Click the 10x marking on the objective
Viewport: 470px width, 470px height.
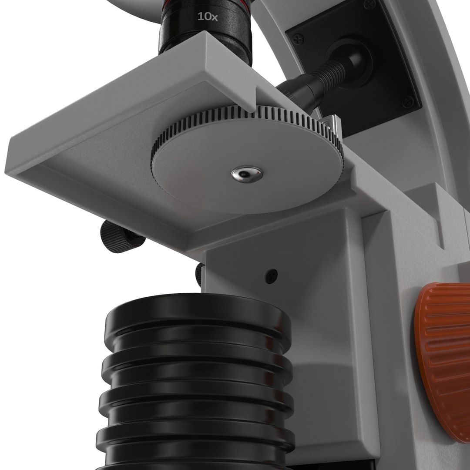(x=208, y=17)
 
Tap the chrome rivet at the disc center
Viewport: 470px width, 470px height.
(x=247, y=174)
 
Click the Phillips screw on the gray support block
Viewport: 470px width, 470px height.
(x=272, y=276)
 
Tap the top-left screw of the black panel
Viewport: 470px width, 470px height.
(x=298, y=39)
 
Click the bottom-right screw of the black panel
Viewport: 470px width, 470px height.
(x=408, y=102)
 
